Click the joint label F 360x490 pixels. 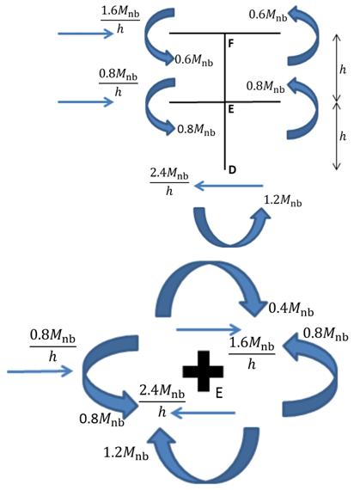[231, 44]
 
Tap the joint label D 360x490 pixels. [232, 170]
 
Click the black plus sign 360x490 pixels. [203, 371]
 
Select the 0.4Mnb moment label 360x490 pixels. [291, 309]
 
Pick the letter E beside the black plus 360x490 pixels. [219, 393]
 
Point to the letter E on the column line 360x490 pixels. [231, 109]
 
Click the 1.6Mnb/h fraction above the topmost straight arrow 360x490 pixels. [120, 20]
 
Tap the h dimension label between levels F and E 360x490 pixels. [343, 70]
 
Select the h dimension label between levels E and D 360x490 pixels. [343, 136]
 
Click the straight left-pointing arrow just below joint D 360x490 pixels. [229, 187]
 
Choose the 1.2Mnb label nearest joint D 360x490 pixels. [283, 200]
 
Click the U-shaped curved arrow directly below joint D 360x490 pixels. [230, 242]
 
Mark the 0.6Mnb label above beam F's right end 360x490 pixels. [268, 15]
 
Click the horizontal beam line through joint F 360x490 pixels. [225, 33]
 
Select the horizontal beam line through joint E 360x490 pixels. [225, 102]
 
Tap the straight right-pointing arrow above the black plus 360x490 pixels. [209, 329]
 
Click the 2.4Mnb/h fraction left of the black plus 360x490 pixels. [162, 401]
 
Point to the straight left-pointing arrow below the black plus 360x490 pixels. [203, 413]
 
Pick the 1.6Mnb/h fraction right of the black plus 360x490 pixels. [252, 354]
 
